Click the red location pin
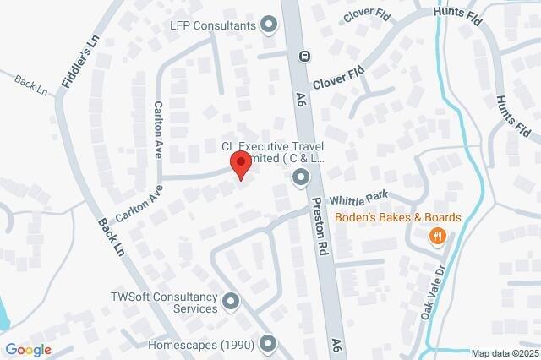click(x=241, y=165)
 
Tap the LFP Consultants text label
click(x=212, y=25)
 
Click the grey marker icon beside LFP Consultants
click(x=270, y=25)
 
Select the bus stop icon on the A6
click(x=304, y=57)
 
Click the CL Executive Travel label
click(x=272, y=151)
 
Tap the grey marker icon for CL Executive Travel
click(x=300, y=177)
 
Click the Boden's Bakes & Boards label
click(x=397, y=217)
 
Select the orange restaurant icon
click(x=437, y=237)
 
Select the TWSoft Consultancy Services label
click(x=165, y=303)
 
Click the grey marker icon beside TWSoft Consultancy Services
click(x=231, y=301)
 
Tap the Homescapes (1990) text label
click(x=199, y=345)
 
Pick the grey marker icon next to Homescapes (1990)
click(x=268, y=344)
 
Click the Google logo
click(x=29, y=349)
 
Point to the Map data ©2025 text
click(x=504, y=353)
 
